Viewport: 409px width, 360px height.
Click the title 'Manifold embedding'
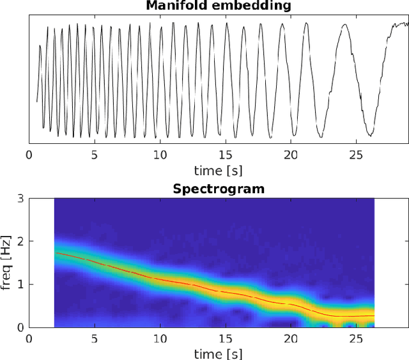(x=218, y=6)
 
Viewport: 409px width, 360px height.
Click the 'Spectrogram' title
(x=218, y=189)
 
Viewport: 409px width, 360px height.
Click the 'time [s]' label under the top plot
(x=218, y=171)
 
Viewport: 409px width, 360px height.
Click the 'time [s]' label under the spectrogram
(x=218, y=354)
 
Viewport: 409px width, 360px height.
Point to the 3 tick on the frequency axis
(x=21, y=199)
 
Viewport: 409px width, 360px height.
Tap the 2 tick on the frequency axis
(x=21, y=242)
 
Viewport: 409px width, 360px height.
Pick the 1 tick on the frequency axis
(x=21, y=284)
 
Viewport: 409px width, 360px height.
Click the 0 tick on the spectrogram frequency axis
(x=21, y=326)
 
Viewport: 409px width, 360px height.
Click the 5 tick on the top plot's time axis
(x=94, y=155)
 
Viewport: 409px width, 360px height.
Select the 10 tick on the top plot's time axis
(x=160, y=155)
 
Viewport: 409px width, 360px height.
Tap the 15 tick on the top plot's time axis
(x=225, y=155)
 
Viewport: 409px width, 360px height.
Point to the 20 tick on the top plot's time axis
(x=291, y=155)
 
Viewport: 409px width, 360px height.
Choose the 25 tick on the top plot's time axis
(x=356, y=155)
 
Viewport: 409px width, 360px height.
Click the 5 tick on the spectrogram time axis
(x=94, y=338)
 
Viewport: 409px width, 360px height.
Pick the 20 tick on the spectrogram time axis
(x=291, y=338)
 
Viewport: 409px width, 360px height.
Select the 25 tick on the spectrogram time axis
(x=356, y=338)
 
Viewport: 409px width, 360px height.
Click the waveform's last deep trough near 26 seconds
(x=370, y=135)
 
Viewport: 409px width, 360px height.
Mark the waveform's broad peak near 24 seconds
(x=345, y=26)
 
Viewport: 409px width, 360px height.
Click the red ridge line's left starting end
(x=56, y=253)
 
